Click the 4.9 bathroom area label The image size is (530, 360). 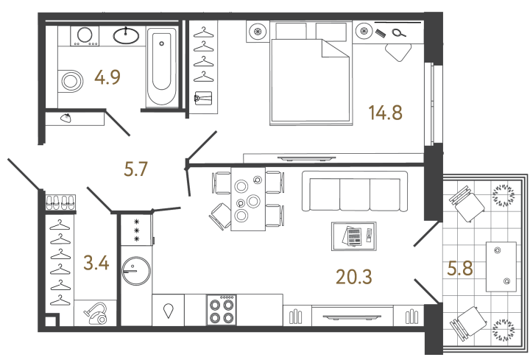[107, 76]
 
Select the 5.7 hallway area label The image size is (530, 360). [136, 170]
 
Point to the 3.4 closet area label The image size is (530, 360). [97, 262]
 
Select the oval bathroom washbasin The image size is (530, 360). [129, 35]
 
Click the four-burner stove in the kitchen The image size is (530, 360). [223, 309]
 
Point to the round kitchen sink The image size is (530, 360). [135, 269]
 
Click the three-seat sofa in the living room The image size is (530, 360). [354, 192]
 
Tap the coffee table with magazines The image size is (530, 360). [354, 237]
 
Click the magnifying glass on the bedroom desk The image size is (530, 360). [398, 31]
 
